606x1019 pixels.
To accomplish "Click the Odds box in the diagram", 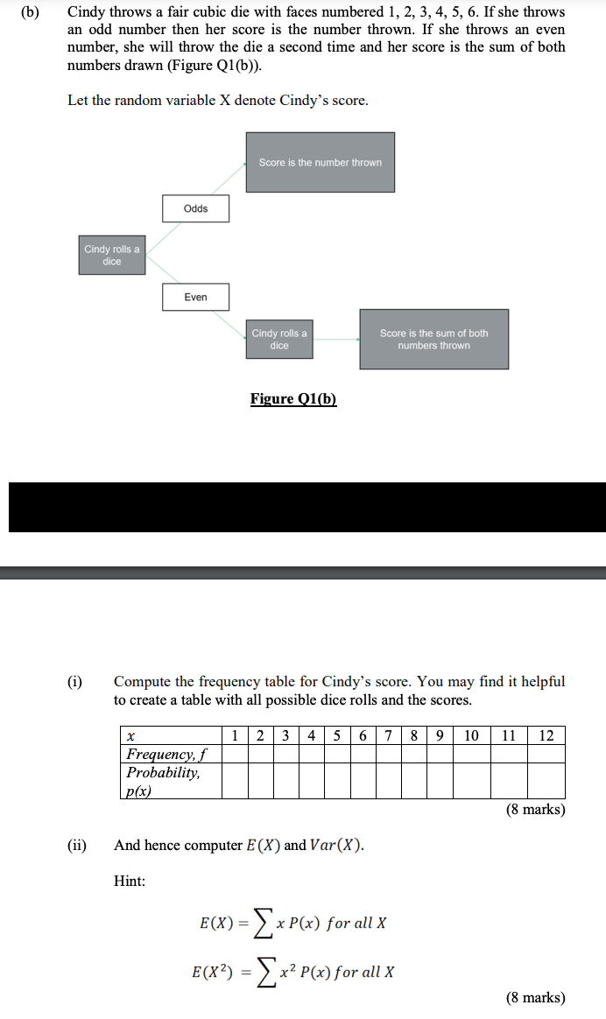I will click(x=196, y=208).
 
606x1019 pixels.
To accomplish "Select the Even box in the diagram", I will click(x=196, y=297).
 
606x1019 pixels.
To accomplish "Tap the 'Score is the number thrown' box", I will click(x=320, y=162).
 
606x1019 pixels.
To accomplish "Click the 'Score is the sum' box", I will click(x=433, y=339).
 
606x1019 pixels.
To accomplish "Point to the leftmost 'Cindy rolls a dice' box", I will click(x=111, y=255).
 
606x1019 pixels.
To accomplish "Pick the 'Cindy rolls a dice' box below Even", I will click(x=279, y=339).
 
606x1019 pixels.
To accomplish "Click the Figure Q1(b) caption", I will click(x=293, y=399).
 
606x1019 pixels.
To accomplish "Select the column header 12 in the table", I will click(x=546, y=734).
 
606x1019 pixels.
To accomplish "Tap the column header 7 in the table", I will click(x=388, y=734).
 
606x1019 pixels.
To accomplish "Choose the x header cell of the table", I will click(x=131, y=735).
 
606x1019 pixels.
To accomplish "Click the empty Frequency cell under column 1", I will click(x=234, y=754).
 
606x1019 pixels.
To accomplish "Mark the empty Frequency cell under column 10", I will click(x=471, y=754).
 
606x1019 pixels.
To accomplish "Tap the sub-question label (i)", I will click(x=76, y=681).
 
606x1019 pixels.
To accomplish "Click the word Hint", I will click(x=130, y=882).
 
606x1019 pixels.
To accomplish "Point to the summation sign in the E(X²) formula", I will click(x=262, y=972).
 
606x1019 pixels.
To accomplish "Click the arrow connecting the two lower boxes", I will click(x=336, y=339).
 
